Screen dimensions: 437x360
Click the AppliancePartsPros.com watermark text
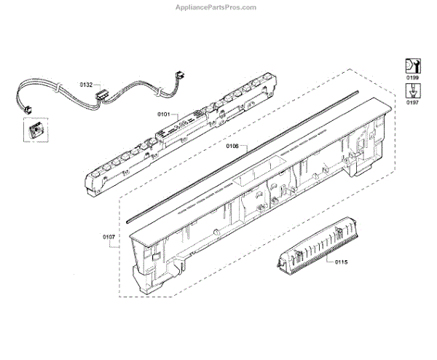[x=219, y=7]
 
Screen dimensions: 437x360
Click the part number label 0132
[x=86, y=85]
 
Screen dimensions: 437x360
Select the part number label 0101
[x=163, y=114]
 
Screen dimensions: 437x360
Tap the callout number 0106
[x=232, y=146]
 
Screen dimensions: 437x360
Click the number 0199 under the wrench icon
[x=412, y=76]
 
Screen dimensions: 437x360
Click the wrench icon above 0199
[x=412, y=64]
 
